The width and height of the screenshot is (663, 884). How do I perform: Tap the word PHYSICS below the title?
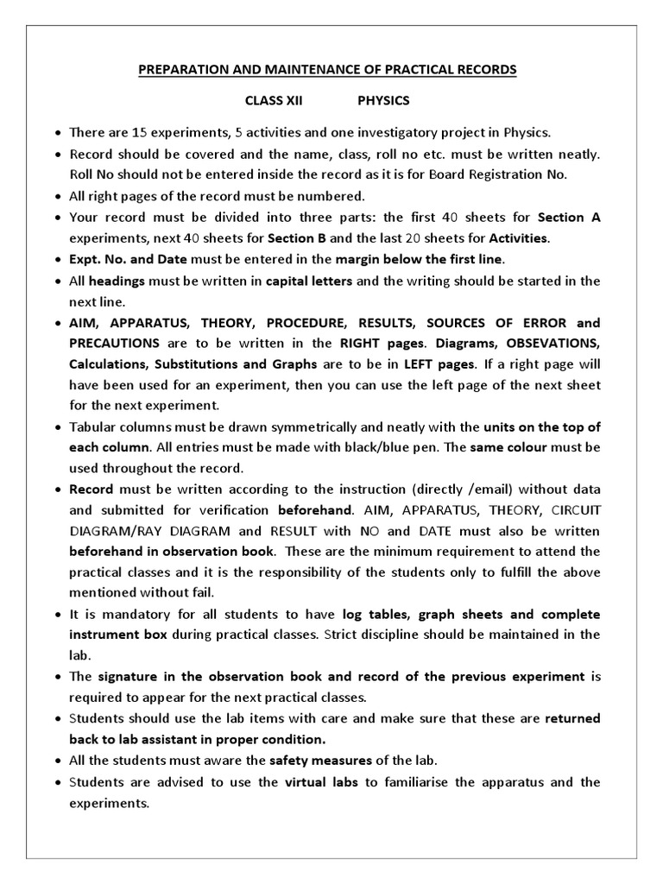pyautogui.click(x=383, y=100)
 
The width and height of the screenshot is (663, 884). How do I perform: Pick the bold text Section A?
pyautogui.click(x=569, y=218)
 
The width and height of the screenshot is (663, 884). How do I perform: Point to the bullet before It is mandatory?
pyautogui.click(x=57, y=615)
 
